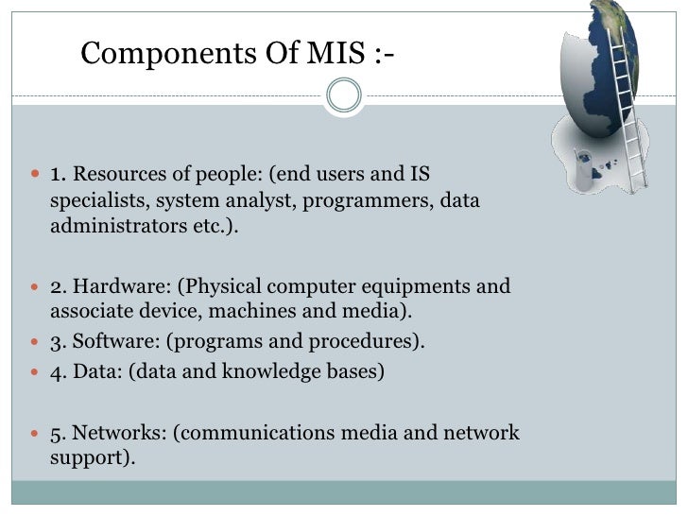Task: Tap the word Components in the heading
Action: (x=154, y=54)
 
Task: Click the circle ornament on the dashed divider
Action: (x=343, y=95)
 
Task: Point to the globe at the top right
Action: (x=605, y=66)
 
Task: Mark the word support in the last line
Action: (x=89, y=458)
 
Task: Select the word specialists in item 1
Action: (x=99, y=200)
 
